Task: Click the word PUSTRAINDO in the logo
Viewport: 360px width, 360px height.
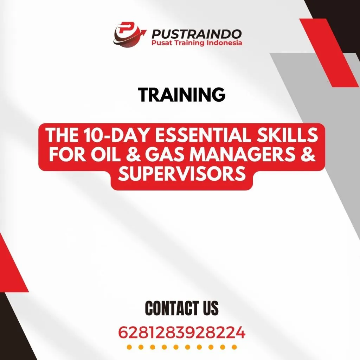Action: [x=196, y=34]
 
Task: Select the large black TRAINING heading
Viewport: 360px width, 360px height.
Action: [x=181, y=94]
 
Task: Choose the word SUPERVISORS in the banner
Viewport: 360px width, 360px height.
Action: [x=181, y=174]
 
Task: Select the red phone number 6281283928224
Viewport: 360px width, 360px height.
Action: [x=181, y=332]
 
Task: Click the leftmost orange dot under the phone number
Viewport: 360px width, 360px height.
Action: [x=129, y=347]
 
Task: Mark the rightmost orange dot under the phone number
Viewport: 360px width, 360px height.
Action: [x=233, y=347]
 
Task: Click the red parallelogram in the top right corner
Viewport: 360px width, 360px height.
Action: [x=329, y=53]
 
